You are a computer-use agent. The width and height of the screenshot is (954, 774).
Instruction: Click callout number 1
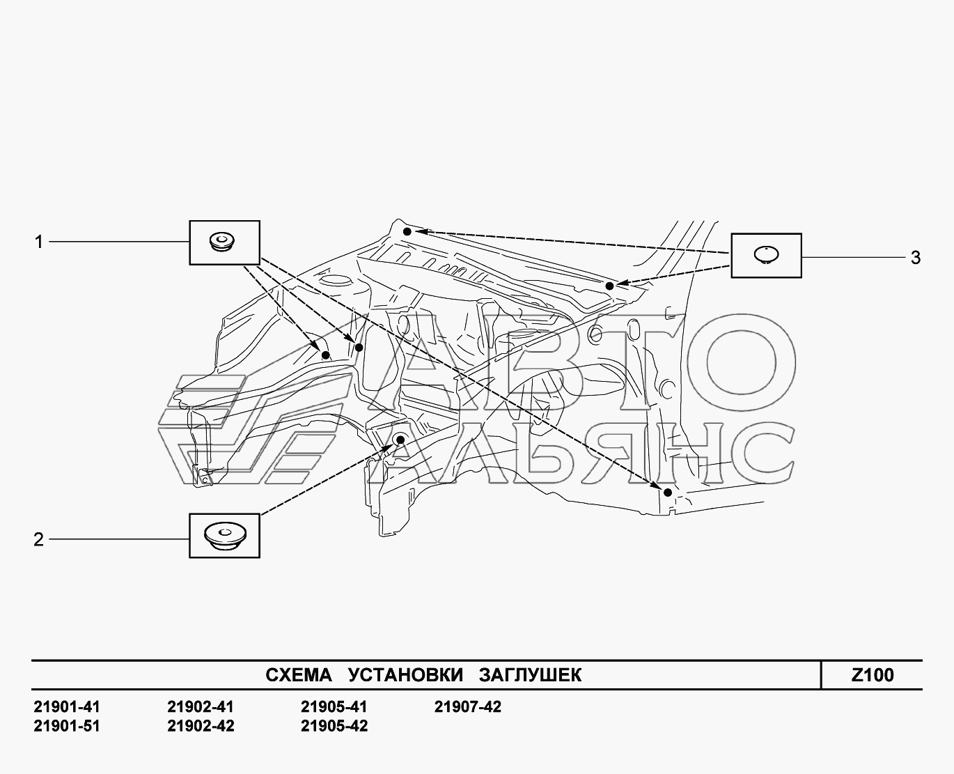coord(39,242)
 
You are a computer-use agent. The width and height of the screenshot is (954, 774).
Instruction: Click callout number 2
coord(39,539)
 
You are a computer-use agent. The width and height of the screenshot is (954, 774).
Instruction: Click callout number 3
coord(916,258)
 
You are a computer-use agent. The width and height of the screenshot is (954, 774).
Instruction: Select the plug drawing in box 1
coord(222,242)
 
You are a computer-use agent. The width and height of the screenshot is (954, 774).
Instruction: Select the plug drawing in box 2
coord(225,536)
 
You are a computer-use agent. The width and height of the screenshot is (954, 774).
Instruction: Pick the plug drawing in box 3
coord(767,254)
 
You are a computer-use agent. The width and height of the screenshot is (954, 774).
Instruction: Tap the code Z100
coord(873,675)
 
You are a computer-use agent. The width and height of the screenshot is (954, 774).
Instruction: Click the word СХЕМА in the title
coord(299,675)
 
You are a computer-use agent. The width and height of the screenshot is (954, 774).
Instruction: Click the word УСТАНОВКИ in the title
coord(405,675)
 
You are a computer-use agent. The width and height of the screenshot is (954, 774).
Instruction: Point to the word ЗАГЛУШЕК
coord(531,675)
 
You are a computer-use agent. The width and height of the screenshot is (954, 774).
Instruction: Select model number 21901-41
coord(67,707)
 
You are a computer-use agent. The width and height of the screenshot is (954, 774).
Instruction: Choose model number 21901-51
coord(67,726)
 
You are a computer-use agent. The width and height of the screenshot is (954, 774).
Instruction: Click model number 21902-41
coord(201,707)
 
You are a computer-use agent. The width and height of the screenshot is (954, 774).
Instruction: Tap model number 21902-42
coord(201,726)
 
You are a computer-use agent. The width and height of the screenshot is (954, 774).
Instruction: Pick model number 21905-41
coord(334,707)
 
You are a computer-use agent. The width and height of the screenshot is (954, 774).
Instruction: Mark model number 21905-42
coord(334,726)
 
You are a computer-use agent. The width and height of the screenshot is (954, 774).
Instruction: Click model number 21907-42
coord(468,707)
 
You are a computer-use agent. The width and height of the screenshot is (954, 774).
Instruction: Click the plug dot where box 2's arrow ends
coord(400,440)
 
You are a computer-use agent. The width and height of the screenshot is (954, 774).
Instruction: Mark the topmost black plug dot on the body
coord(407,232)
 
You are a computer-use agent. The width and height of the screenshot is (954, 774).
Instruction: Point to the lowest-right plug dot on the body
coord(667,493)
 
